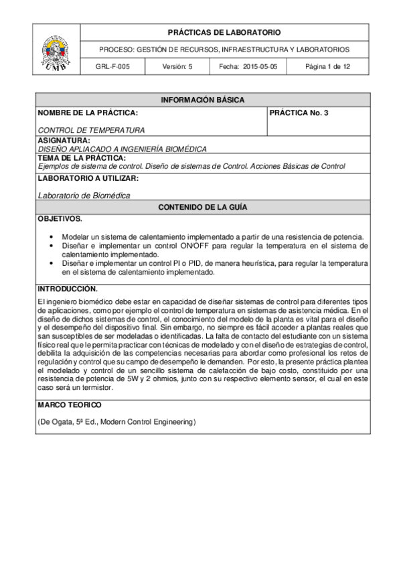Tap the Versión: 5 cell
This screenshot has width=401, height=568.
click(x=177, y=67)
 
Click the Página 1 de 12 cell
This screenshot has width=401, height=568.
click(x=327, y=67)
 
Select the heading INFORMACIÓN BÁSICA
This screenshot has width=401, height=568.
click(x=202, y=100)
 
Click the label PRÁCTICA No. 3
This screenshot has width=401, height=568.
click(x=299, y=113)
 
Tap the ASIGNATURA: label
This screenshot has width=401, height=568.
click(x=64, y=141)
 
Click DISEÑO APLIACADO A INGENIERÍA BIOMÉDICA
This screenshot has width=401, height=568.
click(x=122, y=149)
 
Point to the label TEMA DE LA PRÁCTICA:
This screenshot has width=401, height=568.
click(x=82, y=157)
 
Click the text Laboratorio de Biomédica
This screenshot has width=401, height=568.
click(x=84, y=195)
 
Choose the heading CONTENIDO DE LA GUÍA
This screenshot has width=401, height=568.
click(x=202, y=208)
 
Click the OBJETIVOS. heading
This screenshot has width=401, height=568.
click(x=60, y=219)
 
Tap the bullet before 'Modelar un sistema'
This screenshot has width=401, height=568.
click(x=52, y=237)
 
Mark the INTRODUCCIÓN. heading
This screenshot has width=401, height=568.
click(x=68, y=289)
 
